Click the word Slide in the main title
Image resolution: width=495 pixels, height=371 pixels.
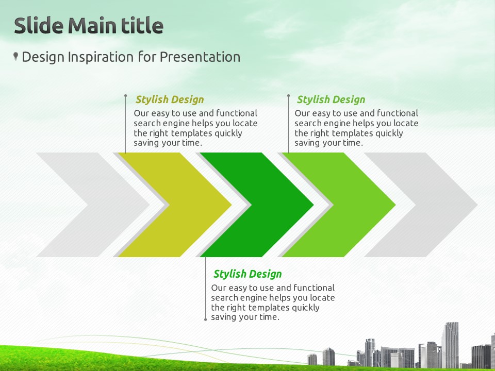click(39, 25)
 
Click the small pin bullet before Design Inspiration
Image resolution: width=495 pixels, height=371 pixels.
click(15, 56)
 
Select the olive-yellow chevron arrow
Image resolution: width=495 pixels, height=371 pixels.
click(175, 205)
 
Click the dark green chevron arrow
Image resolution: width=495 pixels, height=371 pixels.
click(257, 205)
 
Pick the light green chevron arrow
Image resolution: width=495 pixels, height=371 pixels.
click(339, 205)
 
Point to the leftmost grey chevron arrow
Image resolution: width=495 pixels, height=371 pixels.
click(93, 205)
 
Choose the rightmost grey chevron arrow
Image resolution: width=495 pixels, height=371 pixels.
click(421, 205)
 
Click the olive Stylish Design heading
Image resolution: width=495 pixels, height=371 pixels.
click(170, 99)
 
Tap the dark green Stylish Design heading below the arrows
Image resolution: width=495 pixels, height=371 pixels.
click(247, 274)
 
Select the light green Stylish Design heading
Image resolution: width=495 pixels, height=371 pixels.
click(331, 99)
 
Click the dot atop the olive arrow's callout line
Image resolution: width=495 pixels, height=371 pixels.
click(126, 95)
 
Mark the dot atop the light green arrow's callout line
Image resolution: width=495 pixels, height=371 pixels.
click(289, 95)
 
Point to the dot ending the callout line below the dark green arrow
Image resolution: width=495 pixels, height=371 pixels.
click(206, 319)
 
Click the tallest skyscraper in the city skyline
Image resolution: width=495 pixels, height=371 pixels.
click(450, 345)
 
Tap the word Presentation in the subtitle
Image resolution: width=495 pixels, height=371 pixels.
click(200, 57)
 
